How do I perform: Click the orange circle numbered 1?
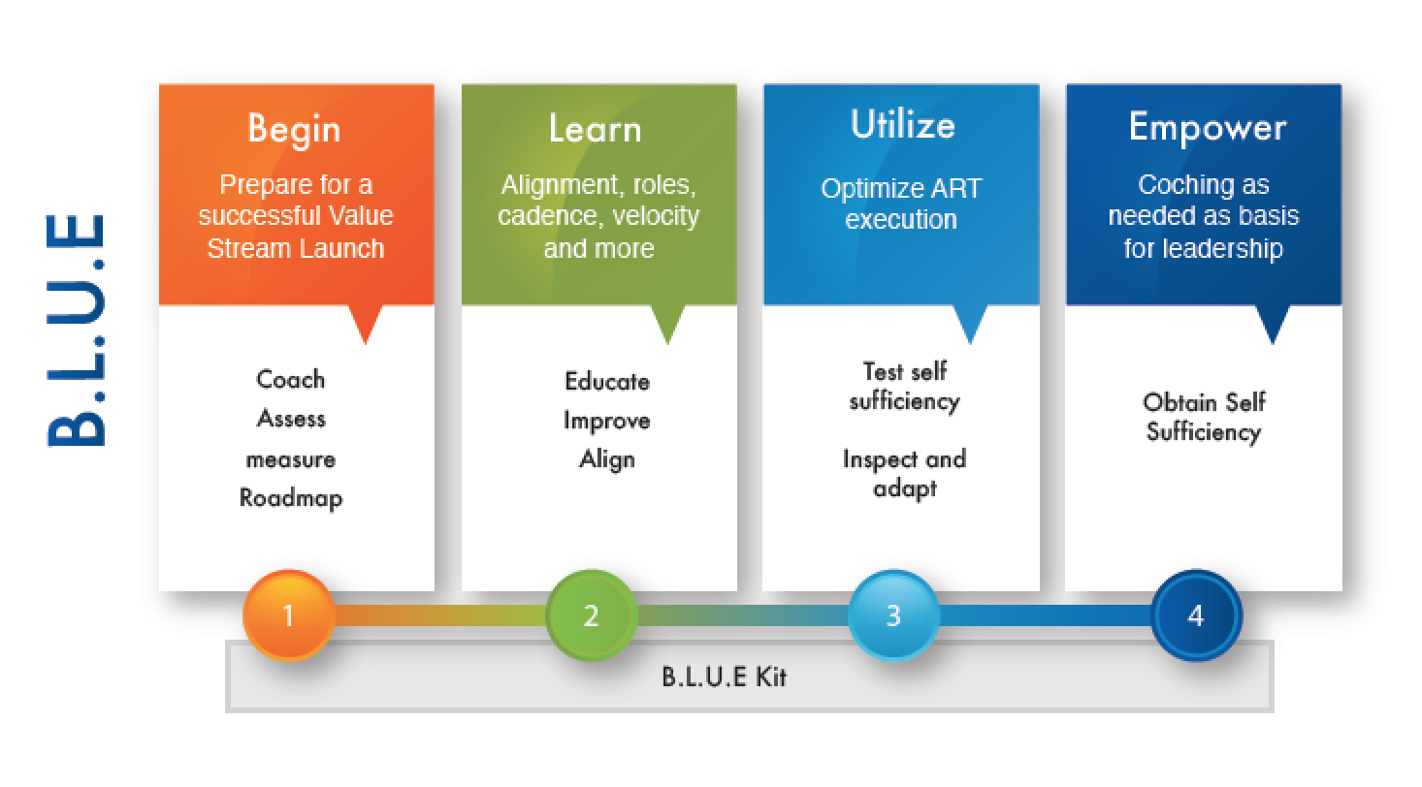pyautogui.click(x=289, y=615)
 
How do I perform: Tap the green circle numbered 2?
pyautogui.click(x=591, y=615)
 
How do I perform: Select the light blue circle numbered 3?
pyautogui.click(x=893, y=615)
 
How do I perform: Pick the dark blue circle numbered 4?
pyautogui.click(x=1196, y=615)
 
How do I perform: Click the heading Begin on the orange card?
pyautogui.click(x=294, y=129)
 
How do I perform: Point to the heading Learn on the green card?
pyautogui.click(x=596, y=128)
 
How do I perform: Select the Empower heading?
pyautogui.click(x=1208, y=128)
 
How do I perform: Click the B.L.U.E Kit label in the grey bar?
pyautogui.click(x=724, y=677)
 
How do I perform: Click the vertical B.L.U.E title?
pyautogui.click(x=77, y=331)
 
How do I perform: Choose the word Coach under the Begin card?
pyautogui.click(x=291, y=379)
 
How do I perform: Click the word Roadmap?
pyautogui.click(x=291, y=498)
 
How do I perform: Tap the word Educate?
pyautogui.click(x=607, y=382)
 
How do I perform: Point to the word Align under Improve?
pyautogui.click(x=607, y=459)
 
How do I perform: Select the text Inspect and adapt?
pyautogui.click(x=905, y=474)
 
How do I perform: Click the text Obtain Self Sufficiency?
pyautogui.click(x=1204, y=417)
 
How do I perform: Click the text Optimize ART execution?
pyautogui.click(x=901, y=204)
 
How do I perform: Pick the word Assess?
pyautogui.click(x=291, y=419)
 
